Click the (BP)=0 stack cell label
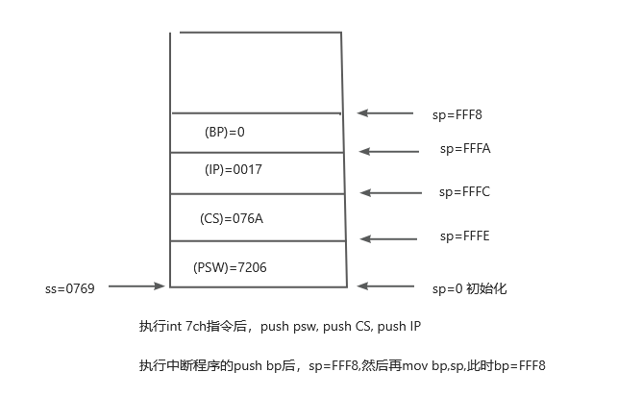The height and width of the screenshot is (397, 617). [x=226, y=131]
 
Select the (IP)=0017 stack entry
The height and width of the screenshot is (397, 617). [x=234, y=169]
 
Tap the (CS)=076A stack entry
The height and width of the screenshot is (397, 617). [x=232, y=218]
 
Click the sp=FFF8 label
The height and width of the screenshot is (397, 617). [x=457, y=114]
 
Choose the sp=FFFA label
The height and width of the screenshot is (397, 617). [x=465, y=149]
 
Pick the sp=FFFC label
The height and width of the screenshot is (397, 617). [x=465, y=192]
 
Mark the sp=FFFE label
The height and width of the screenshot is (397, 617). [x=465, y=236]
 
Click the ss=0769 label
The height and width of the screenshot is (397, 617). [x=69, y=287]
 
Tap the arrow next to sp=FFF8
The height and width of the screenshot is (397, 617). [x=385, y=113]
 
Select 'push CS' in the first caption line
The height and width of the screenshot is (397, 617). [x=351, y=327]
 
